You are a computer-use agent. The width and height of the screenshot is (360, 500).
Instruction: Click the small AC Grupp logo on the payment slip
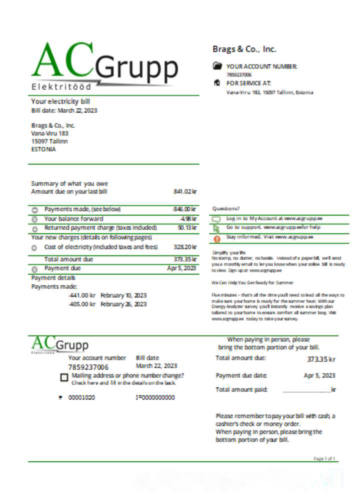60,344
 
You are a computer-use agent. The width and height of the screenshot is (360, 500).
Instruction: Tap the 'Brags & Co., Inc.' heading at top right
244,49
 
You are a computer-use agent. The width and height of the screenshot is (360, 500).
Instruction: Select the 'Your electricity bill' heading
60,101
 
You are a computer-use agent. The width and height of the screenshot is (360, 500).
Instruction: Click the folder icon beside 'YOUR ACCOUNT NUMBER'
216,65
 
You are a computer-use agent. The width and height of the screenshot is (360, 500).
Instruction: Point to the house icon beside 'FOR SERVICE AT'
216,83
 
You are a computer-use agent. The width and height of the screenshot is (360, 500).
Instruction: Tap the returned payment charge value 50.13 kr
187,228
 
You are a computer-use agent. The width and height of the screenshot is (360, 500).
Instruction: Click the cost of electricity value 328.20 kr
185,247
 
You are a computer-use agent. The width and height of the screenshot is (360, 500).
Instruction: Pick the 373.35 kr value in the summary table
185,259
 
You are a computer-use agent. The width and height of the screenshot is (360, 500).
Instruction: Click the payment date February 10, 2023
123,295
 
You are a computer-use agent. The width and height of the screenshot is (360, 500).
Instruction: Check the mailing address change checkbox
64,378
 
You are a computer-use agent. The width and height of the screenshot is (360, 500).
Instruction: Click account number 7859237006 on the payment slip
88,367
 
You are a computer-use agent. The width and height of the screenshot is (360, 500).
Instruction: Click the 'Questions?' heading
226,208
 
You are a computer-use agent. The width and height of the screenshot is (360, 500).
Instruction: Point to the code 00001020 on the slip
81,397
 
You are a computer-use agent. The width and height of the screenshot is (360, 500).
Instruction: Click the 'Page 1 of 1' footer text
325,458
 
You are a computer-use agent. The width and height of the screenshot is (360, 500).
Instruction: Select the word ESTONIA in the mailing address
43,149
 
